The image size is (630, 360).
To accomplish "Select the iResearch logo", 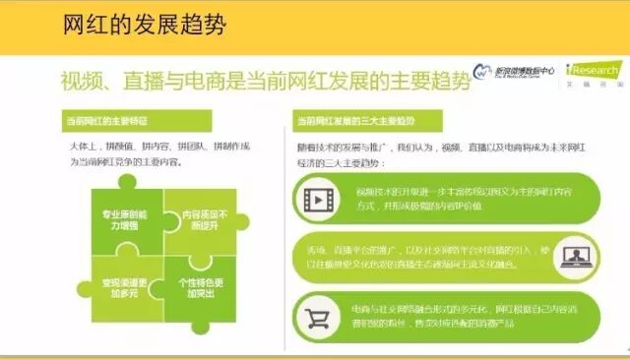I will coord(596,74).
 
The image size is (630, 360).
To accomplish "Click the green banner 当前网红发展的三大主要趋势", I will coord(355,121).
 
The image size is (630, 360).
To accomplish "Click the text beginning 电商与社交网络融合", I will coord(463,316).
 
